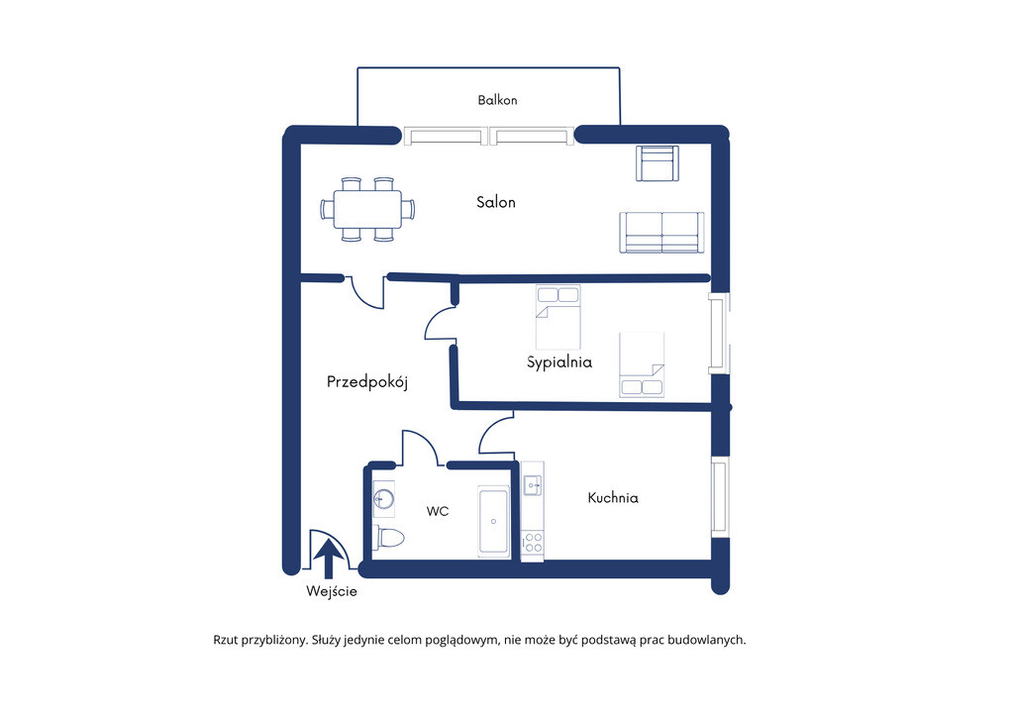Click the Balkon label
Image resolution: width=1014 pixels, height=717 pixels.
point(497,100)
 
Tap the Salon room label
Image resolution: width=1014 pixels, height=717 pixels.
point(496,202)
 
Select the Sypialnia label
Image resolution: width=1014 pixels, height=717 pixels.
point(559,362)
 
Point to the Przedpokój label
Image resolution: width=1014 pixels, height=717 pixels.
point(367,382)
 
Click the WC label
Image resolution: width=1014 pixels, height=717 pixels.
point(437,511)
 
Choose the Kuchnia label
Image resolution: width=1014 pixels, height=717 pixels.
point(613,498)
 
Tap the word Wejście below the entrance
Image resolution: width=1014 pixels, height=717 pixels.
point(332,591)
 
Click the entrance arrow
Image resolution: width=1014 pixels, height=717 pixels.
point(329,559)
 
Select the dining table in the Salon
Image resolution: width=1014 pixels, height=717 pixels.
point(367,210)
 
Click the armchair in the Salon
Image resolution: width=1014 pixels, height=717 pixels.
point(658,163)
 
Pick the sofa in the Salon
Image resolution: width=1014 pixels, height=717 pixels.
point(661,233)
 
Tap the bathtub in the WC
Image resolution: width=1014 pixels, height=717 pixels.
point(493,521)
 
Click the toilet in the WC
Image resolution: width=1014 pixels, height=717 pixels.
point(388,538)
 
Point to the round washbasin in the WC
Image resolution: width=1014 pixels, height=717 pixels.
point(383,499)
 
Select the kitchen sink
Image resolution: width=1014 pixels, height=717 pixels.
point(533,485)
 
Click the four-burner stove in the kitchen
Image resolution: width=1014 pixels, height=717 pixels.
point(533,543)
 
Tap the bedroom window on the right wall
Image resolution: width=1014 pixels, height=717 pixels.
point(719,334)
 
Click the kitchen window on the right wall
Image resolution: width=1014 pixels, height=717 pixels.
point(720,496)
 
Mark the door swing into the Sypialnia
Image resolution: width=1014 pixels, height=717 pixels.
point(440,323)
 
